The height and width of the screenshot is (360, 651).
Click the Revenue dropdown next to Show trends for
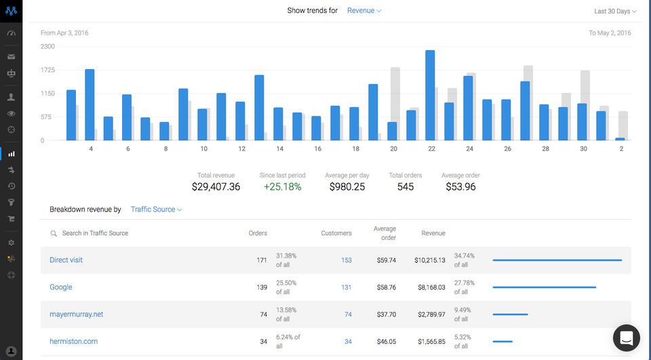point(363,11)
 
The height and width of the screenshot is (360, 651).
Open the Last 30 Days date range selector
point(615,12)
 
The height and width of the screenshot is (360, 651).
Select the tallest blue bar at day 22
point(430,95)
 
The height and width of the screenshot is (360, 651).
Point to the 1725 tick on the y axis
point(47,70)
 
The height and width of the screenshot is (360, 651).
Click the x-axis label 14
point(279,148)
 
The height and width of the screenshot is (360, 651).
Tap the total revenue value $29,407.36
point(216,186)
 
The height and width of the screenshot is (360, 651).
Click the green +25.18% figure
point(282,186)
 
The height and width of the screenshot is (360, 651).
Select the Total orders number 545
point(406,186)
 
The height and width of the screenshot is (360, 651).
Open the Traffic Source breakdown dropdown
point(157,209)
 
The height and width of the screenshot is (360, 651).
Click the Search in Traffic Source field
point(95,233)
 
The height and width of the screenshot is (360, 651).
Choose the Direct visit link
point(66,260)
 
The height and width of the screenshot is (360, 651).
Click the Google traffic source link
point(61,287)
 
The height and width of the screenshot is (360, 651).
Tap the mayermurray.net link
point(77,315)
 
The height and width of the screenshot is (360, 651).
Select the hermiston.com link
point(74,342)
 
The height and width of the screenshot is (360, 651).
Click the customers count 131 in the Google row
point(346,287)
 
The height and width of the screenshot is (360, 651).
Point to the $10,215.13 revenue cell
point(430,260)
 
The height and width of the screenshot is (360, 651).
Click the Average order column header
point(384,233)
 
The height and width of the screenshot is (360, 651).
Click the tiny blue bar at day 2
point(620,139)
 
